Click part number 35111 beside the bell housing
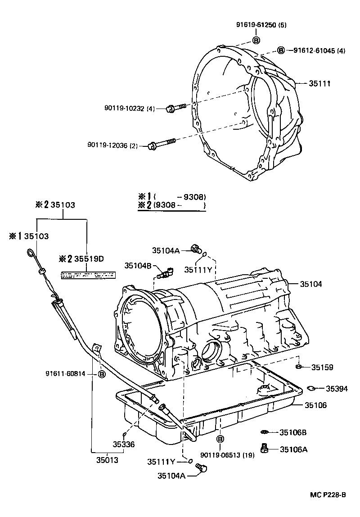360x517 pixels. coord(320,84)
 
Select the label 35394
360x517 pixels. coord(336,388)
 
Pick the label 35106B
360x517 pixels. coord(292,432)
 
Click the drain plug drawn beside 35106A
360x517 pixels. coord(265,449)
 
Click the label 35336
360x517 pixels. coord(124,444)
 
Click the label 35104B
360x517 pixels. coord(138,266)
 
